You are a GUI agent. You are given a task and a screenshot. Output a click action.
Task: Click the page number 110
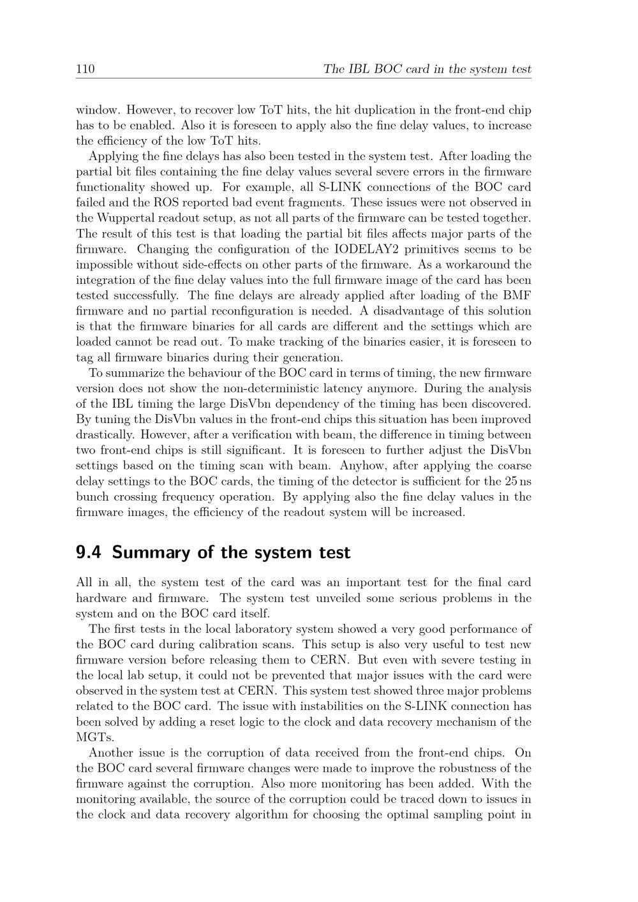(85, 69)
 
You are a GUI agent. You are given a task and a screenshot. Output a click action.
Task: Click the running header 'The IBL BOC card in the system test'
(427, 69)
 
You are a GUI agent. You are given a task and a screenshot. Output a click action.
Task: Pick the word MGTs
(92, 737)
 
